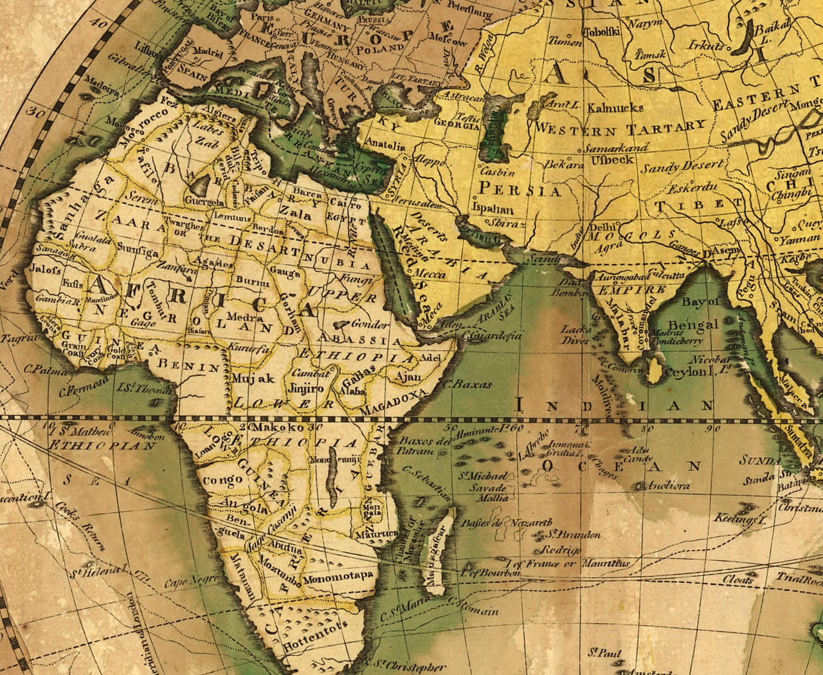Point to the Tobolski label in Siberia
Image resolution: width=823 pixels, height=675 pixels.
tap(601, 31)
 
